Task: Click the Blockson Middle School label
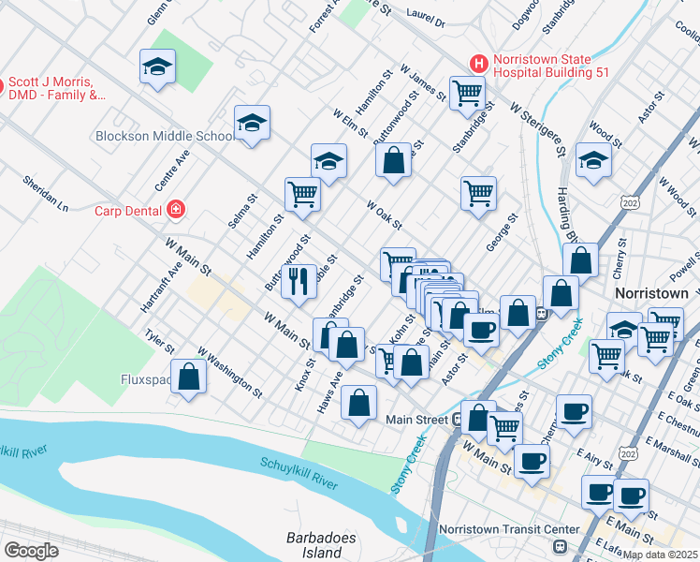[165, 136]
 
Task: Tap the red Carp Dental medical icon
[175, 210]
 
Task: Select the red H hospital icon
[479, 65]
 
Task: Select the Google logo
[32, 550]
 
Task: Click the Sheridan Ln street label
[46, 192]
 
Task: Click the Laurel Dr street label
[426, 18]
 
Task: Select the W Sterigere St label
[537, 129]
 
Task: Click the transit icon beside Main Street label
[457, 420]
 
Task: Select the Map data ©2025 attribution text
[661, 555]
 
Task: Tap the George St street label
[501, 231]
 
